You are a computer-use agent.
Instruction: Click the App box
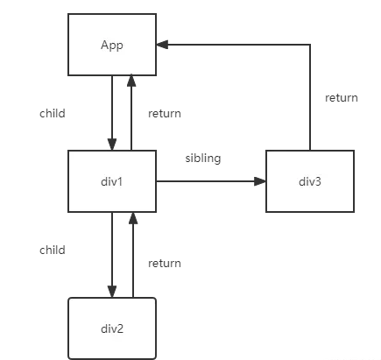112,45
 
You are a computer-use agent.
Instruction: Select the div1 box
112,181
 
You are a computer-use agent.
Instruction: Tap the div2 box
112,328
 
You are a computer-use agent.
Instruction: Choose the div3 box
310,181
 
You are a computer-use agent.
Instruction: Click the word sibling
203,159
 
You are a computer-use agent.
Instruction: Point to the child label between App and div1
53,113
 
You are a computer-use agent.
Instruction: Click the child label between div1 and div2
53,250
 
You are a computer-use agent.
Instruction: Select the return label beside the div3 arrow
342,98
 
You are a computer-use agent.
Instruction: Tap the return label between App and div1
165,114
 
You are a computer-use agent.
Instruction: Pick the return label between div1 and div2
165,264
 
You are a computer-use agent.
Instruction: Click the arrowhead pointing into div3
260,181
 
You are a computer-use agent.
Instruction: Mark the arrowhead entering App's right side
162,45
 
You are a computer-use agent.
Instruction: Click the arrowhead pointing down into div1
112,145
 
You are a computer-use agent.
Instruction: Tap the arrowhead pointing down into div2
112,292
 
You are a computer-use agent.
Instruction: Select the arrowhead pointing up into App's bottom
131,81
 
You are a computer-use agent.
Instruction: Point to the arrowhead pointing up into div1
133,218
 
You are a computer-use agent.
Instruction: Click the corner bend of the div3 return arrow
310,45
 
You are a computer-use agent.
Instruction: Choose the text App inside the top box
112,46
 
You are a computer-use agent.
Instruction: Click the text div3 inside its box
310,181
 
